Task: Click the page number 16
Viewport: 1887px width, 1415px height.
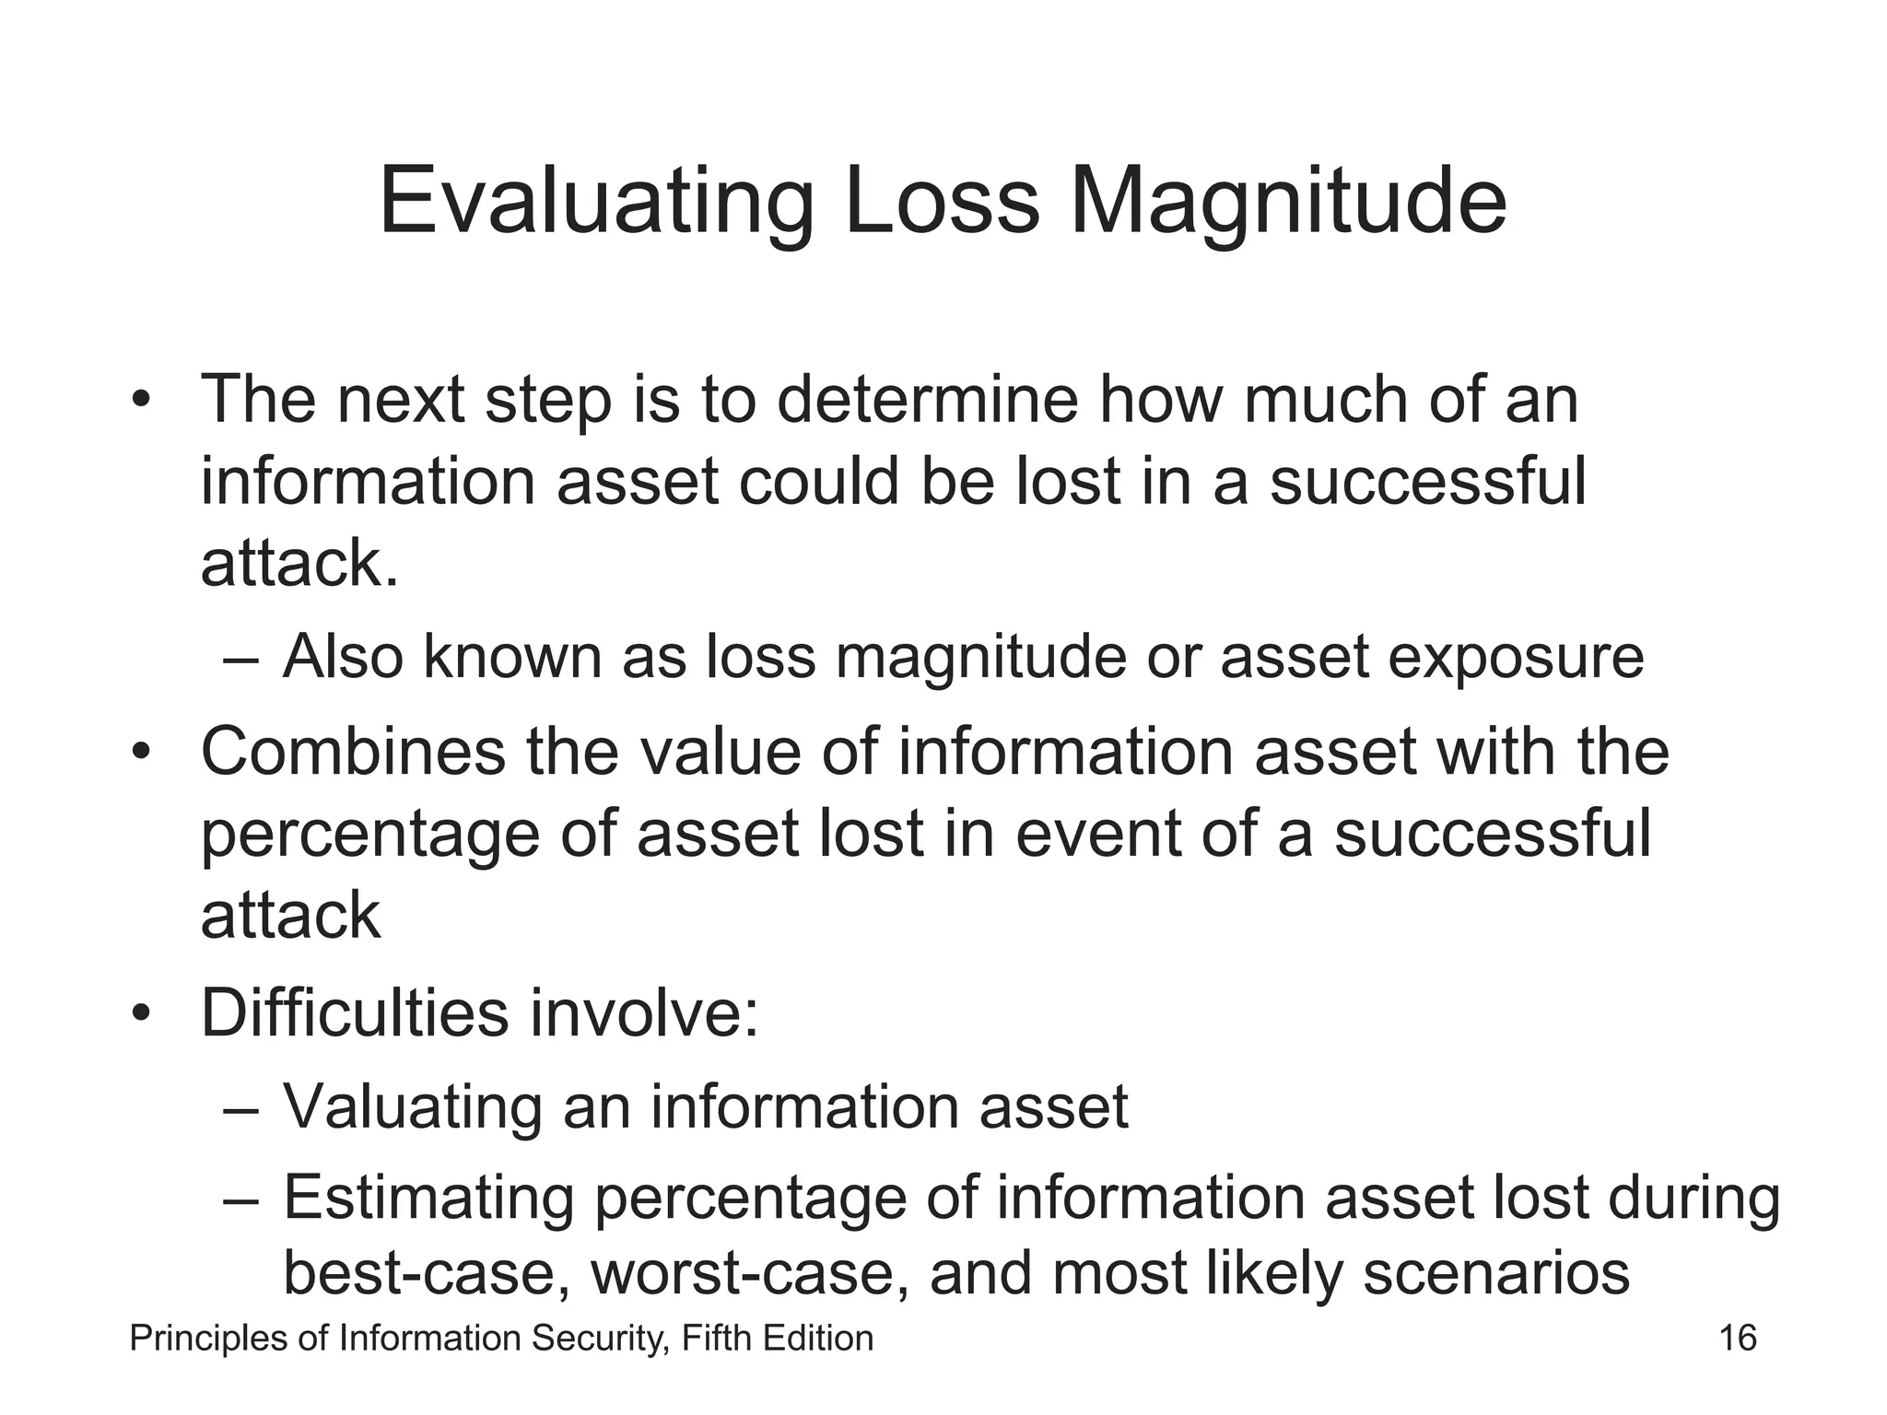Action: click(1738, 1338)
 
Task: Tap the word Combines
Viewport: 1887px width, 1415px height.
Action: click(353, 752)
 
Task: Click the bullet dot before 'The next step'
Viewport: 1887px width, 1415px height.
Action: click(140, 402)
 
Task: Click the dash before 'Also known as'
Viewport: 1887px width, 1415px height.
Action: click(241, 660)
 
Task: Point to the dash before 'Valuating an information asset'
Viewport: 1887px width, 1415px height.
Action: click(241, 1107)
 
